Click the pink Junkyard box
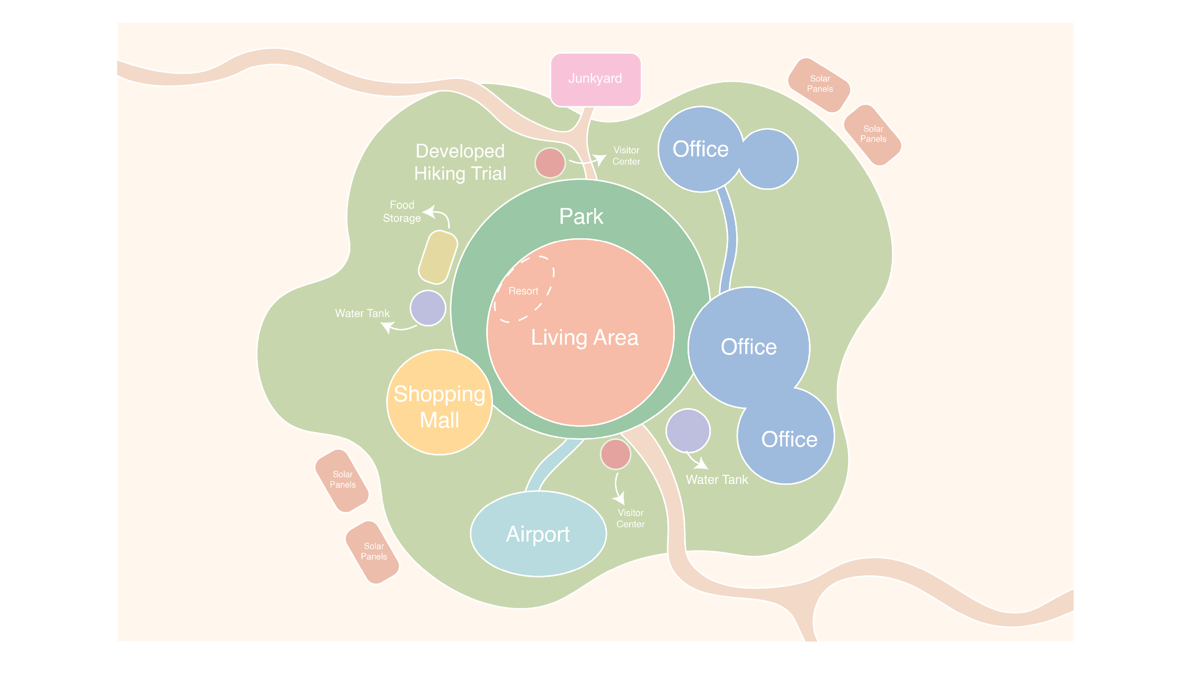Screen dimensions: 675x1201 coord(595,79)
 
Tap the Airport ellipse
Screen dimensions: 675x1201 coord(538,534)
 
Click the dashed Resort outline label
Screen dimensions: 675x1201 coord(523,291)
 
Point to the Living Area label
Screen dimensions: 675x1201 coord(585,337)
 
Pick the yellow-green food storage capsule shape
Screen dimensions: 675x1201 coord(438,257)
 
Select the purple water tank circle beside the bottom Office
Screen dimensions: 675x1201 coord(688,431)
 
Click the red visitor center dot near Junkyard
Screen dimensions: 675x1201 coord(550,163)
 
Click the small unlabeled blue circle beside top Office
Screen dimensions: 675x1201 coord(768,159)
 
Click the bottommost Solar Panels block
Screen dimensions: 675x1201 coord(373,552)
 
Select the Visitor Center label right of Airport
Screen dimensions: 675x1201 coord(630,518)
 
